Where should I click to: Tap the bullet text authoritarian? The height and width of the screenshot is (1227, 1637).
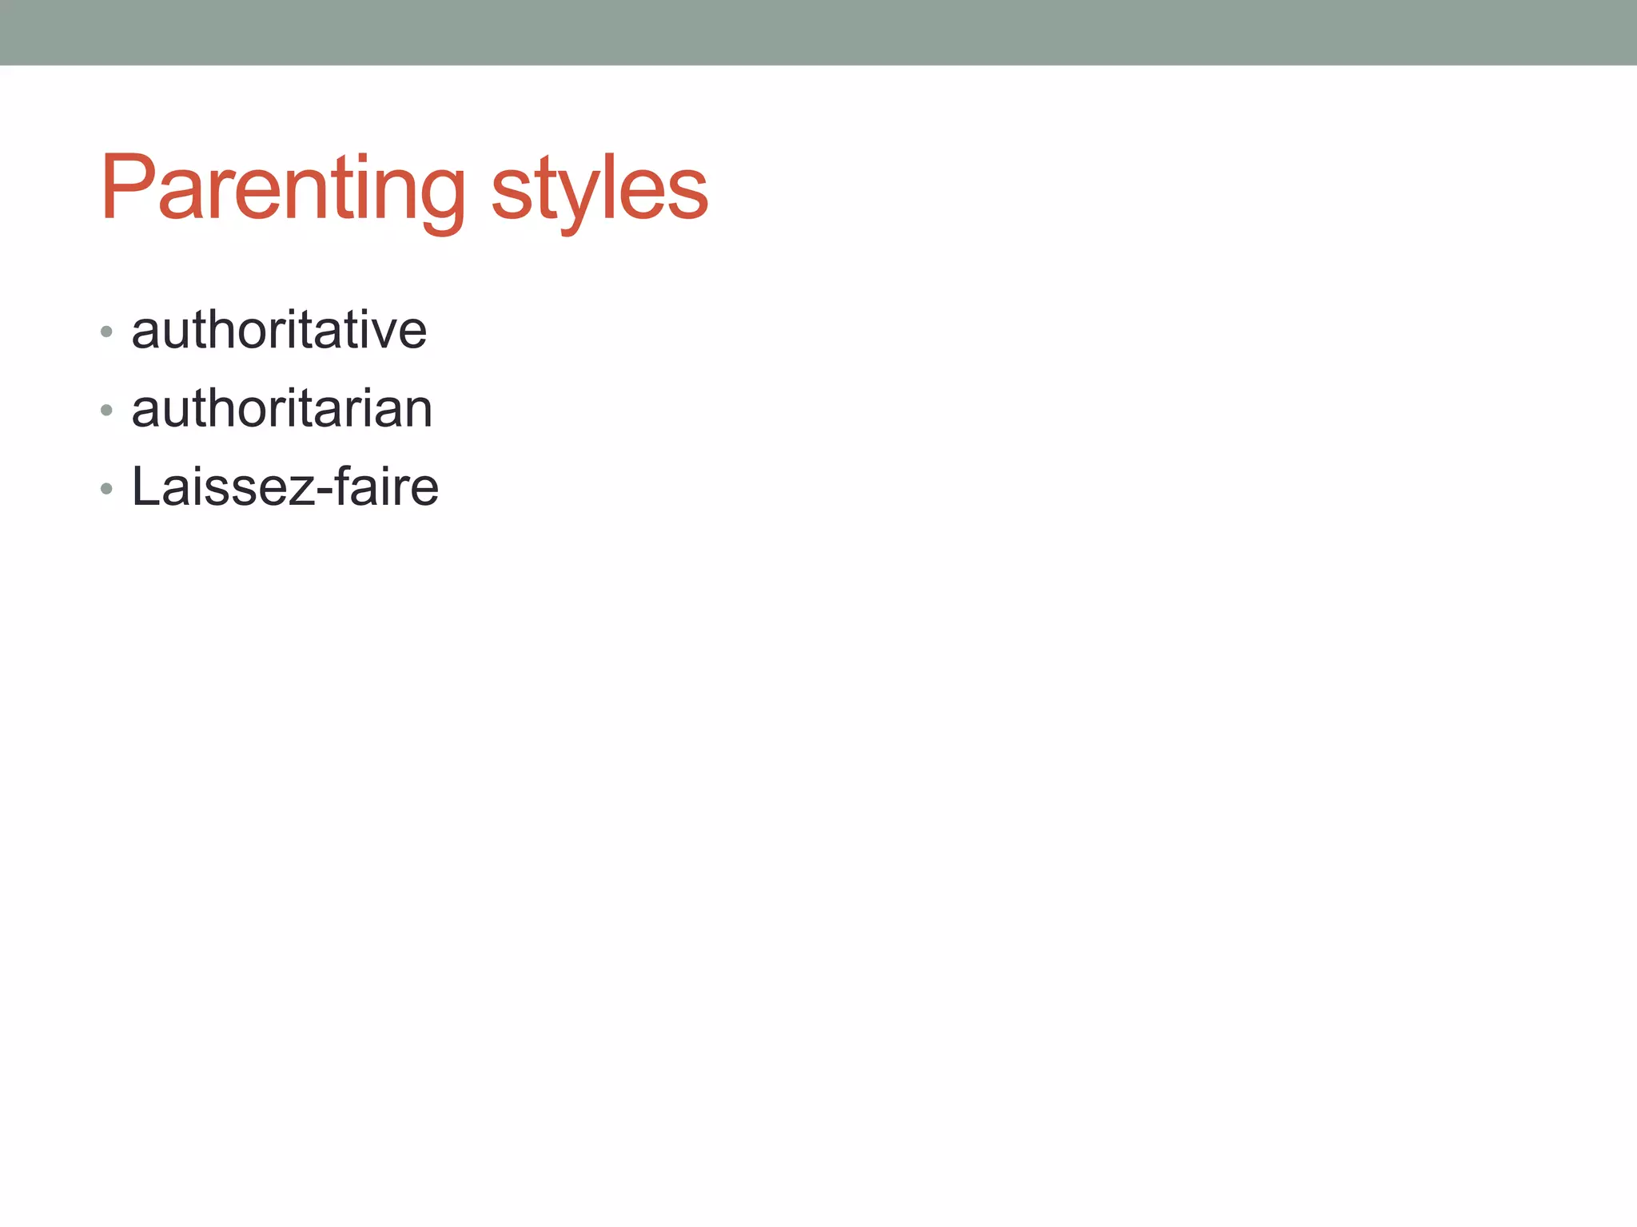[x=281, y=408]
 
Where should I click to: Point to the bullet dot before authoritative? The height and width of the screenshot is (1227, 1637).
[x=106, y=332]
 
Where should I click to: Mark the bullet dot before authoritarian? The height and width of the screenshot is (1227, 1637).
[x=106, y=411]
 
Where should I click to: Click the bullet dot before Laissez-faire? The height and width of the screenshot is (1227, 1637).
[x=106, y=489]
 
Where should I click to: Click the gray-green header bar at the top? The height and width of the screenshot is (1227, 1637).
[x=818, y=32]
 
